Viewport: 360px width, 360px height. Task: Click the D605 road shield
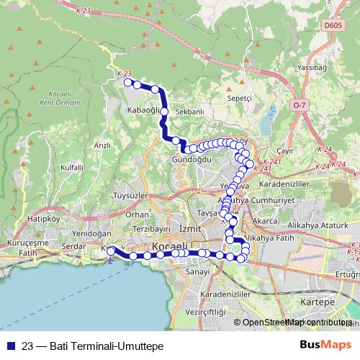tap(332, 25)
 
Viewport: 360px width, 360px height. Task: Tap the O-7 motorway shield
tap(300, 105)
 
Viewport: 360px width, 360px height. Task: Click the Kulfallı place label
tap(73, 167)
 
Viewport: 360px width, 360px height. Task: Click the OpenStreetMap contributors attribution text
tap(295, 323)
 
